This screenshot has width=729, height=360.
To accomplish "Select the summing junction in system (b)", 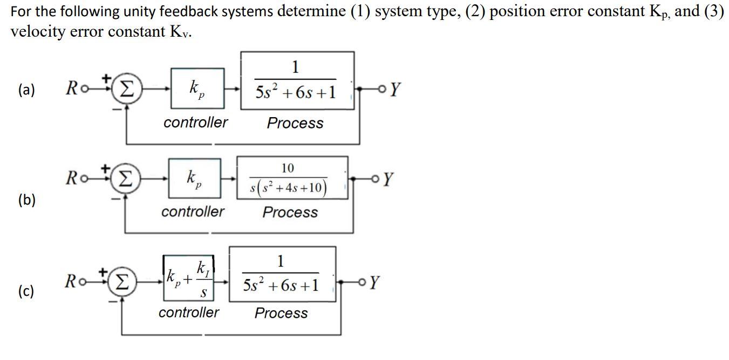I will pyautogui.click(x=126, y=179).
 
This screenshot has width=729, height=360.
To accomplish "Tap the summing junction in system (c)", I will pyautogui.click(x=123, y=282).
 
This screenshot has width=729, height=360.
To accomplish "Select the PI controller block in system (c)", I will pyautogui.click(x=189, y=277).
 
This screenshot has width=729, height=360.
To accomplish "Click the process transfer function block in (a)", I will pyautogui.click(x=297, y=80).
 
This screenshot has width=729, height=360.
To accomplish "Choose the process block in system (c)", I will pyautogui.click(x=282, y=274).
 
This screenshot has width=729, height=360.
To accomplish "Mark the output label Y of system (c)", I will pyautogui.click(x=375, y=282).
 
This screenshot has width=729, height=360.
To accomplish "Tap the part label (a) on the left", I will pyautogui.click(x=26, y=90).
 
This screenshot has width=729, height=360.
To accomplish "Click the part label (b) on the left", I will pyautogui.click(x=26, y=200).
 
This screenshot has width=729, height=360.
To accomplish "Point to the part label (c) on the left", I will pyautogui.click(x=25, y=292).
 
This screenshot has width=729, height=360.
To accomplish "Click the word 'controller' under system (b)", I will pyautogui.click(x=193, y=212).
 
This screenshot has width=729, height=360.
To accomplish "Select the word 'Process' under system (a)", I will pyautogui.click(x=295, y=123).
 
